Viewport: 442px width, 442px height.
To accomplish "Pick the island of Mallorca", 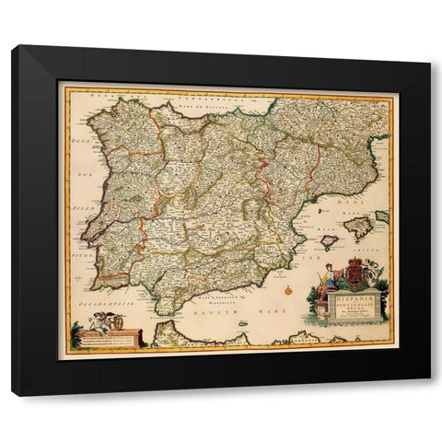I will click(356, 227).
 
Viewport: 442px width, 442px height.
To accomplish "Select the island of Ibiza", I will click(329, 241).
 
